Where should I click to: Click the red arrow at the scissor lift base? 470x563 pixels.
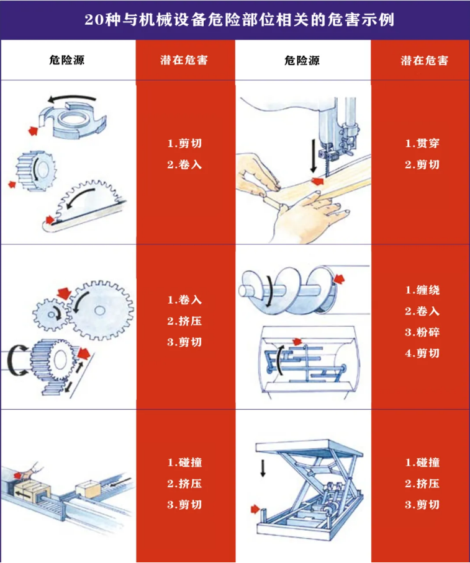tap(255, 509)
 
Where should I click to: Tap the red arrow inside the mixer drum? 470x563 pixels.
tap(299, 341)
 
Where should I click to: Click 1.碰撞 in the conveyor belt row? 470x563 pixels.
tap(184, 463)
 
